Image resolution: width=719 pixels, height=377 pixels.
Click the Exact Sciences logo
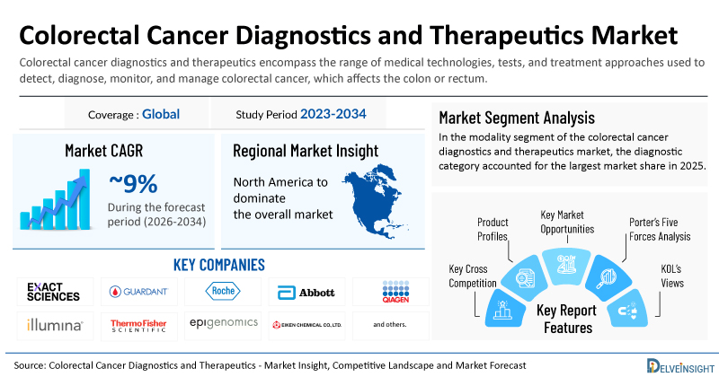click(x=53, y=292)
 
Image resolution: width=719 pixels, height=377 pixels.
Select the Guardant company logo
click(x=139, y=292)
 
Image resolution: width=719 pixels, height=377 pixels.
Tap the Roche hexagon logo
click(x=223, y=291)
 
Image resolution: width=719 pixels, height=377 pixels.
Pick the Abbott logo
click(x=306, y=293)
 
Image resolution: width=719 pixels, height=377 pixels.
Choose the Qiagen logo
click(x=395, y=292)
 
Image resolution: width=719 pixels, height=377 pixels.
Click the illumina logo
click(x=55, y=325)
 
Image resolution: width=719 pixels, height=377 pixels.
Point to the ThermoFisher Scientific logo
click(x=138, y=326)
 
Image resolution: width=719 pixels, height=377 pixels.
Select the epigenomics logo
click(x=224, y=323)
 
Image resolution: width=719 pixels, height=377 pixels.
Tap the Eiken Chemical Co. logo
click(x=306, y=325)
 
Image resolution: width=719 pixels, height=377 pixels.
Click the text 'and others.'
click(x=390, y=324)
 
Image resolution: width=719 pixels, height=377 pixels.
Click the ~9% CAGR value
click(x=133, y=184)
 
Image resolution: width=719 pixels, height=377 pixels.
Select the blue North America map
click(x=375, y=202)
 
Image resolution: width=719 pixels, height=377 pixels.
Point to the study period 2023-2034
click(x=333, y=114)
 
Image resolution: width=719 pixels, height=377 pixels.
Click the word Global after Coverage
click(x=161, y=114)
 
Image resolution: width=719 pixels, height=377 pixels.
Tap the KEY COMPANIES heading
click(x=219, y=265)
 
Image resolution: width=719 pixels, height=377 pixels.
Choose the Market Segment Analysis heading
click(x=517, y=118)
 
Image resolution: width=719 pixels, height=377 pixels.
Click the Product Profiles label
click(x=493, y=229)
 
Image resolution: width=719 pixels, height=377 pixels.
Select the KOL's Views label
click(x=671, y=276)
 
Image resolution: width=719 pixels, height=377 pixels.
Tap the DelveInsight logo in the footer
click(x=680, y=365)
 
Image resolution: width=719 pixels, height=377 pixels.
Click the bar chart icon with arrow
click(x=55, y=199)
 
